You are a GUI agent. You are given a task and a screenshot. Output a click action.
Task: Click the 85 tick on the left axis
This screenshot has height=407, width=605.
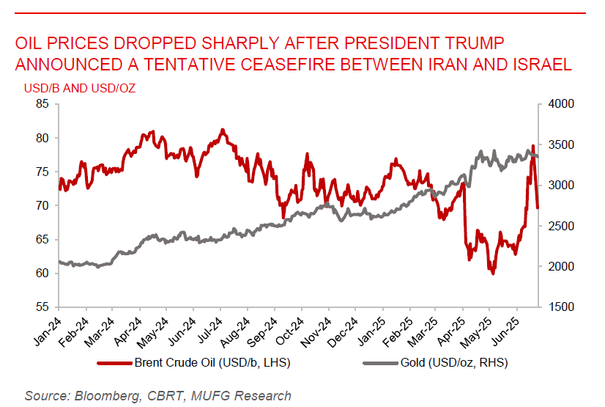[x=42, y=104]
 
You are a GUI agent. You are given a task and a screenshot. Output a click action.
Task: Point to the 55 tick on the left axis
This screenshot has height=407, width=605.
[x=42, y=307]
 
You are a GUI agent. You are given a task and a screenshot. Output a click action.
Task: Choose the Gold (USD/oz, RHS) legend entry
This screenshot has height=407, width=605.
[x=454, y=362]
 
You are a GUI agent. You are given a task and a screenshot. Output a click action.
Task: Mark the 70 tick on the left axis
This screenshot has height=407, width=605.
[x=42, y=205]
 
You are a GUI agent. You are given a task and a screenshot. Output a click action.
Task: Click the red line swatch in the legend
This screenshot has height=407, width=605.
[x=114, y=362]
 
